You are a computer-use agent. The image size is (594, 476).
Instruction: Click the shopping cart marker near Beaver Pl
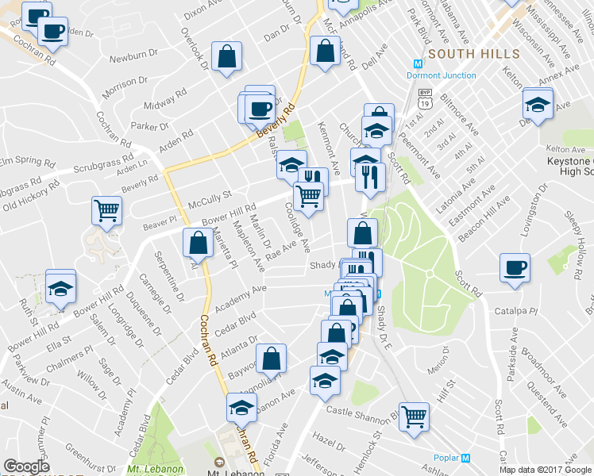click(106, 210)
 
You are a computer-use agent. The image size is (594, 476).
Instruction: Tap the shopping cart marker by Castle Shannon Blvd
click(414, 415)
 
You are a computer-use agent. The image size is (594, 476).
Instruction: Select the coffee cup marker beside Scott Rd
click(515, 267)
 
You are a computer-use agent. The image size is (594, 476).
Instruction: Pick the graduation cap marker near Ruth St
click(60, 286)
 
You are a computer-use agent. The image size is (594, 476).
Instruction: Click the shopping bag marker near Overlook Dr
click(227, 56)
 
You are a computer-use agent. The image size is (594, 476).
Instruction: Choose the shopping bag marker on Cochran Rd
click(197, 244)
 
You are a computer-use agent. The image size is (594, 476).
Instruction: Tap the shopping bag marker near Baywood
click(272, 358)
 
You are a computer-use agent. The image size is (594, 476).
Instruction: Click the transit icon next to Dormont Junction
click(418, 63)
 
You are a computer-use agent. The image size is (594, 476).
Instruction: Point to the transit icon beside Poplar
click(466, 457)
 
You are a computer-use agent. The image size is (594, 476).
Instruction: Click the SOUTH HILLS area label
click(474, 54)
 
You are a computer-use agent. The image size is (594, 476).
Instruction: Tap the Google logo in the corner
click(26, 466)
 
